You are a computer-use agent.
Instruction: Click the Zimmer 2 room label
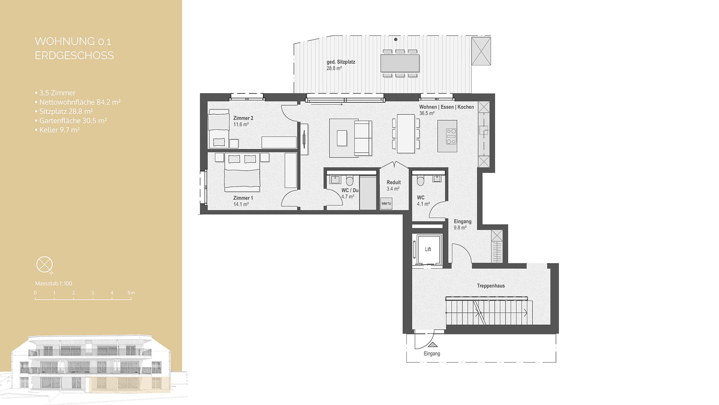pos(243,118)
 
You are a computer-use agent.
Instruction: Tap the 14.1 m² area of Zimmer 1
pos(241,204)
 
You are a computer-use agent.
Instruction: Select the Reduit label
pos(394,182)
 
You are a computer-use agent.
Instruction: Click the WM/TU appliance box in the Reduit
pos(386,203)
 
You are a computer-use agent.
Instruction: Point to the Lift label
pos(428,249)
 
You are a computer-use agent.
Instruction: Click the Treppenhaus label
pos(491,286)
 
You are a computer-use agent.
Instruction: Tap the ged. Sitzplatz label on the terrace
pos(341,62)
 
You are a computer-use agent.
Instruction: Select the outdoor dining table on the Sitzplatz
pos(400,63)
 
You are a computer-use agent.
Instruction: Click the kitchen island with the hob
pos(448,136)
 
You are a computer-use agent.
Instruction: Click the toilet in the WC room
pos(420,181)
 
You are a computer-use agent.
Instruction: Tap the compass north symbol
pos(44,265)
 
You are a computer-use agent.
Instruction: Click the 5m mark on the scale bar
pos(131,293)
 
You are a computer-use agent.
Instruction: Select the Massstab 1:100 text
pos(54,283)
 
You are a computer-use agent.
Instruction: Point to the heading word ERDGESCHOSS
pos(74,55)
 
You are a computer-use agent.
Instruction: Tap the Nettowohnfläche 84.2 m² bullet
pos(79,102)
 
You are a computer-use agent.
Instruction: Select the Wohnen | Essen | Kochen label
pos(446,107)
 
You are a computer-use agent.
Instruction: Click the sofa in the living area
pos(362,138)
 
